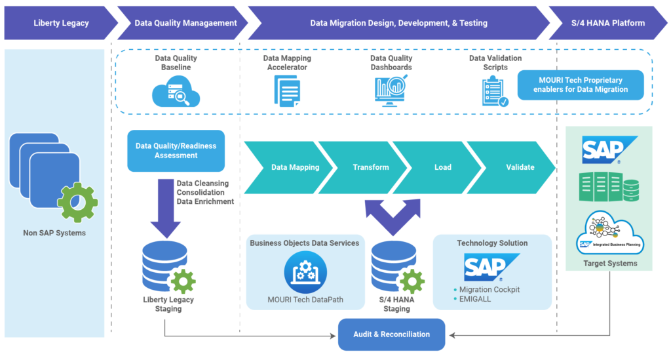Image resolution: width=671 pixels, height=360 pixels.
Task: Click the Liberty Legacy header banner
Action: pyautogui.click(x=61, y=23)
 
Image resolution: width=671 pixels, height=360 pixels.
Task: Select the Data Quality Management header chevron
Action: pyautogui.click(x=185, y=23)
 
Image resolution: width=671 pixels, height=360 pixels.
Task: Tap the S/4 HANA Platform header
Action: pyautogui.click(x=605, y=23)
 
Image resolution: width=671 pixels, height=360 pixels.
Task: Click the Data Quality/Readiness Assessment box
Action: pyautogui.click(x=176, y=151)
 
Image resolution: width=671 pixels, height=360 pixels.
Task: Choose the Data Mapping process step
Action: pyautogui.click(x=295, y=167)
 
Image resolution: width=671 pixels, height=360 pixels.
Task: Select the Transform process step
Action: pyautogui.click(x=371, y=167)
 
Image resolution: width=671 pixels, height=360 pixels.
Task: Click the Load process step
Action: pyautogui.click(x=443, y=167)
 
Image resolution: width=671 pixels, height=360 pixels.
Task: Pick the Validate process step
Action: pyautogui.click(x=520, y=167)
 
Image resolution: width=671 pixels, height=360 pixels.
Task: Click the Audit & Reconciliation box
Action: pyautogui.click(x=391, y=334)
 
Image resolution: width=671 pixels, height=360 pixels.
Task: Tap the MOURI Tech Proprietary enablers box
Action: pyautogui.click(x=581, y=85)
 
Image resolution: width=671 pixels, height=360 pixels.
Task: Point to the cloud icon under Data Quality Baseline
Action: pyautogui.click(x=176, y=92)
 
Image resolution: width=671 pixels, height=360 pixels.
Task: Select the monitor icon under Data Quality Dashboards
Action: pyautogui.click(x=392, y=90)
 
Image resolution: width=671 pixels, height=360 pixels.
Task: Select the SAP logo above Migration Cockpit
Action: pyautogui.click(x=486, y=267)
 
